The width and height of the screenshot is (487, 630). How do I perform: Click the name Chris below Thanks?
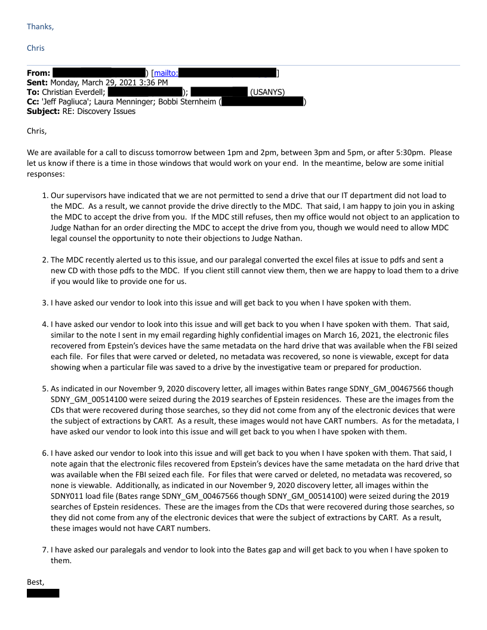pyautogui.click(x=35, y=48)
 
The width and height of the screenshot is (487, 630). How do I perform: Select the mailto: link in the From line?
pyautogui.click(x=166, y=73)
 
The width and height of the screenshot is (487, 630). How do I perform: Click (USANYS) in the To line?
pyautogui.click(x=267, y=92)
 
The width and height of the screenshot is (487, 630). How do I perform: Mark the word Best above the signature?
pyautogui.click(x=35, y=581)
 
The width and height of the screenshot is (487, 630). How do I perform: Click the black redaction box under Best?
pyautogui.click(x=43, y=592)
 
